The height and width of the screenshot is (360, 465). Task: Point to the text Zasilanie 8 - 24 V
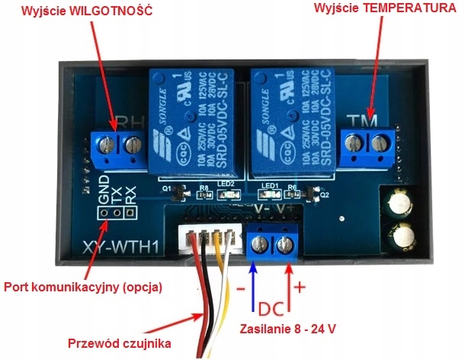(287, 329)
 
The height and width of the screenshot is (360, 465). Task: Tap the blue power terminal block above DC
(272, 243)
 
